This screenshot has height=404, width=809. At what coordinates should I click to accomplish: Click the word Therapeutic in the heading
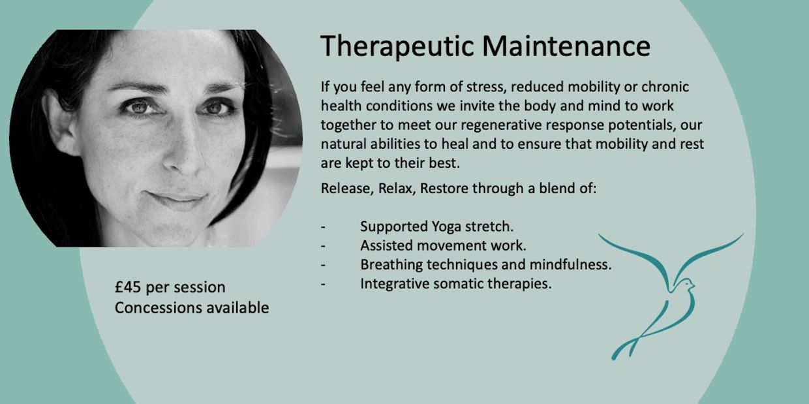[x=397, y=46]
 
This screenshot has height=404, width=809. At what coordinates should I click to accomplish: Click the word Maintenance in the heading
[x=566, y=46]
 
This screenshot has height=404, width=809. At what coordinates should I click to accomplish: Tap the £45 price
[x=128, y=287]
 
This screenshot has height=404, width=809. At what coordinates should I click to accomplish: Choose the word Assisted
[x=386, y=245]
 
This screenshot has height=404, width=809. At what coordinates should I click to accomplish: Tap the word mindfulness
[x=570, y=264]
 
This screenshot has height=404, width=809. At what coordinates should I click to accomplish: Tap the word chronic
[x=665, y=87]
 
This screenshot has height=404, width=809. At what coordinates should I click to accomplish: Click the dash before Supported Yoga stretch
[x=323, y=227]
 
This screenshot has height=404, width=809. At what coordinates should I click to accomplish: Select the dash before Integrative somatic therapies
[x=323, y=285]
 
